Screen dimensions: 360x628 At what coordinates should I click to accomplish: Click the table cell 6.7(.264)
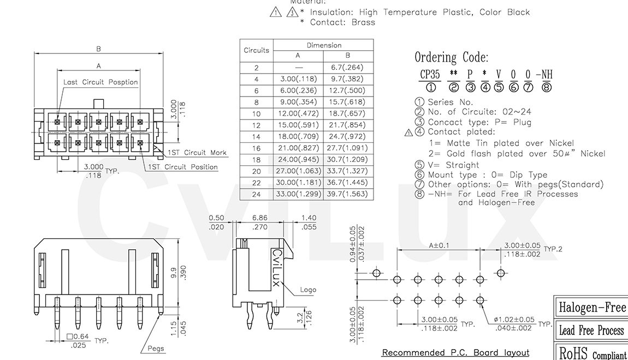348,68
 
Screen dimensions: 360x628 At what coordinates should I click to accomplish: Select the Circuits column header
256,50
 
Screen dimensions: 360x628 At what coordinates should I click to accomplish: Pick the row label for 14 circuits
256,136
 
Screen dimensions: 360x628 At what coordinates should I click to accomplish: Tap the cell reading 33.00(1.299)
298,194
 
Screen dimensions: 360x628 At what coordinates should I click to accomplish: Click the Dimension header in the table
324,45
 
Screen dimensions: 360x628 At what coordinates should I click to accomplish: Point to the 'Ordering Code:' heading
451,57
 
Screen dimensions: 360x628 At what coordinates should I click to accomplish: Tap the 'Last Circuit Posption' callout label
100,82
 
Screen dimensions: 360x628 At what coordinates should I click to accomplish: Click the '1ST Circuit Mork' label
197,153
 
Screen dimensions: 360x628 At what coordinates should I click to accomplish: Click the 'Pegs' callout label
156,349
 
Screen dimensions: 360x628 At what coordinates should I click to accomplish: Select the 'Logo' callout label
308,290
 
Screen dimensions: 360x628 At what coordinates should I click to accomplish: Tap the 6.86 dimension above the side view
259,218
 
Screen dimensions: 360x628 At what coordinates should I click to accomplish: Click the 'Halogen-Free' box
592,308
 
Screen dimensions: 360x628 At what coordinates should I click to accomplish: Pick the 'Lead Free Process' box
591,331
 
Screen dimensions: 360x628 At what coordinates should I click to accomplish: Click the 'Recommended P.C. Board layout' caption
455,352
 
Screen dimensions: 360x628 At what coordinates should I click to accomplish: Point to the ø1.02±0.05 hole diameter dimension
513,319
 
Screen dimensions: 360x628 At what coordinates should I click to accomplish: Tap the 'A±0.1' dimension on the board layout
439,245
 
